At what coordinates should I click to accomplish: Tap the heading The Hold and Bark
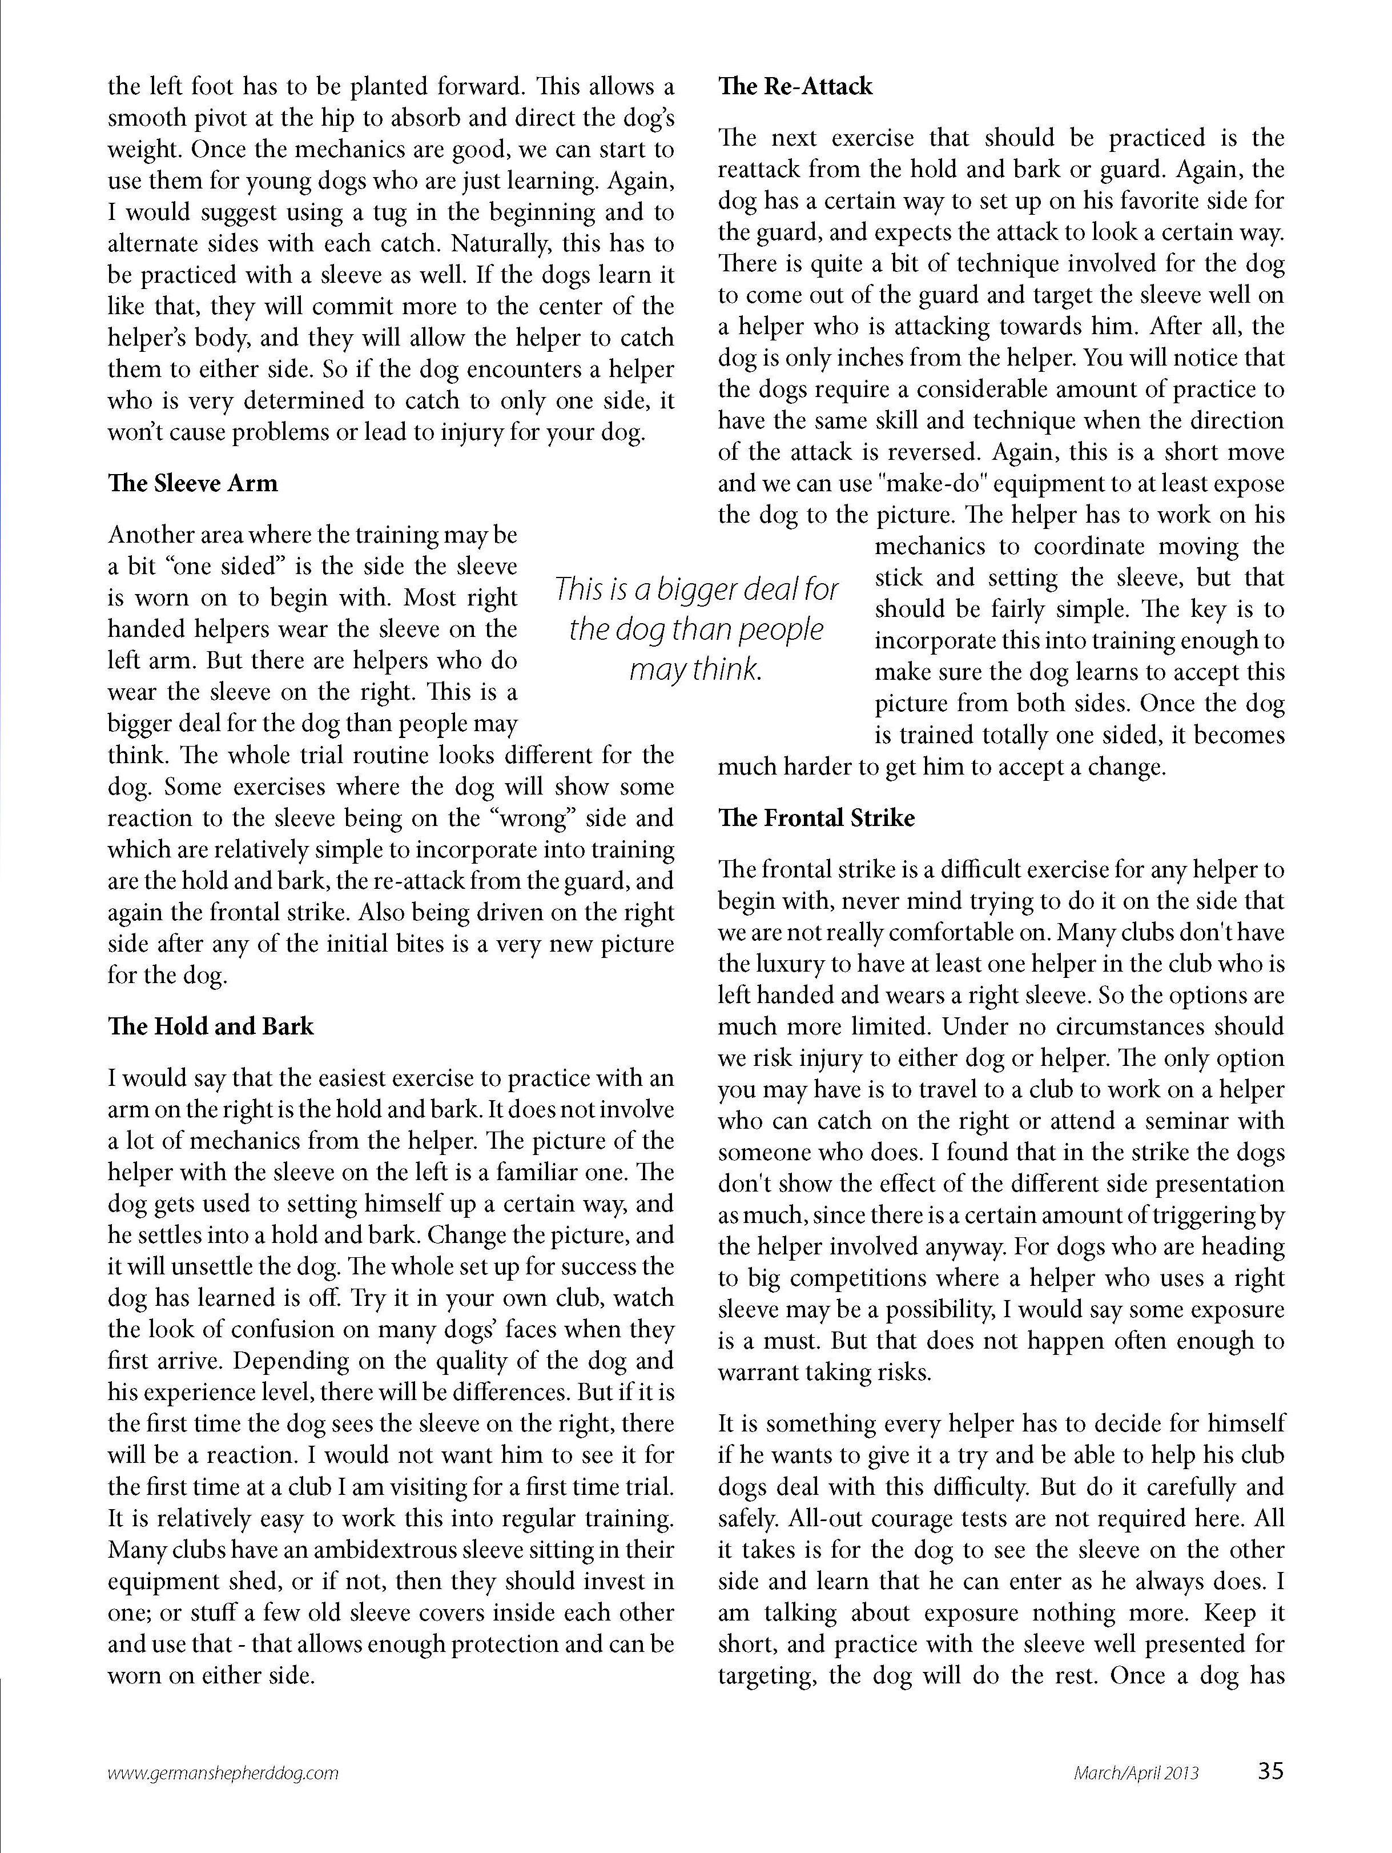(211, 1027)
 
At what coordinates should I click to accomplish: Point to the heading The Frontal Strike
(816, 819)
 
